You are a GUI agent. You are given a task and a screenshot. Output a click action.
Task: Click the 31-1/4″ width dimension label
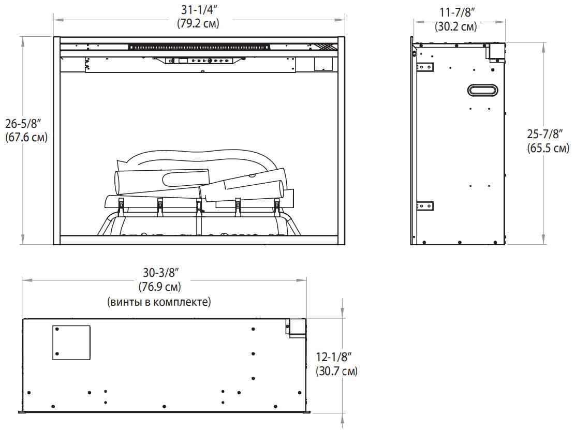point(198,10)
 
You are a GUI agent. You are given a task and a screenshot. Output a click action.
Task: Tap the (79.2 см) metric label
point(198,23)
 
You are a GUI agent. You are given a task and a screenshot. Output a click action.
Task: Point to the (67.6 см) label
point(26,137)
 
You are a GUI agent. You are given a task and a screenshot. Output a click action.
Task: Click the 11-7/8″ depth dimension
point(455,12)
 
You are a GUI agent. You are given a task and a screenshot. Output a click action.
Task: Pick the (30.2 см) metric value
point(456,26)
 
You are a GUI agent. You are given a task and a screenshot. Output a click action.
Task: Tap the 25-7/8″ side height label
point(544,134)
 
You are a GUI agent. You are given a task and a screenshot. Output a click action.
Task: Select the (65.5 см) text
point(548,148)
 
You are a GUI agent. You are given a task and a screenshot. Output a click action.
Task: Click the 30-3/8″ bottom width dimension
point(160,272)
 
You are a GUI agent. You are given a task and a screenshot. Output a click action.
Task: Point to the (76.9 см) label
point(160,286)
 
